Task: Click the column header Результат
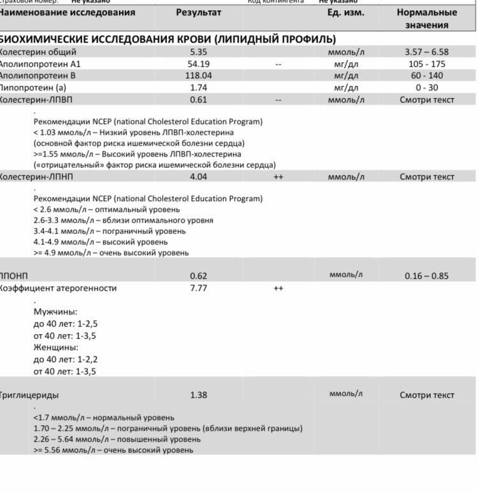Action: pos(199,13)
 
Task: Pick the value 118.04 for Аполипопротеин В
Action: pos(199,76)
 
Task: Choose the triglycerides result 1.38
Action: pos(199,395)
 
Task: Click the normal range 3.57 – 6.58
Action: pos(426,52)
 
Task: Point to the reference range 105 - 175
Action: pos(426,64)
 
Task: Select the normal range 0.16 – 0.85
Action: pos(426,276)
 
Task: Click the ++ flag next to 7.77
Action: pos(278,288)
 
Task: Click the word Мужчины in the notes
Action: pos(55,313)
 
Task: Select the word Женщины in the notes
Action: pos(55,348)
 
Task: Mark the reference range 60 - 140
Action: pos(426,76)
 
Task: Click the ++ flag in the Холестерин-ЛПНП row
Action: pos(278,177)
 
